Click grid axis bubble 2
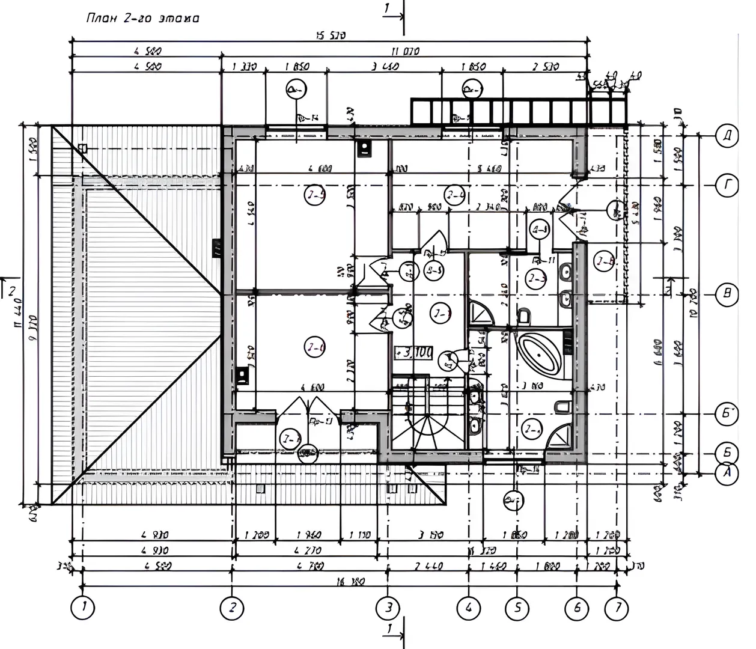[232, 608]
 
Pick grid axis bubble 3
[388, 608]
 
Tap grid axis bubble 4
[468, 608]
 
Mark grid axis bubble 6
[577, 608]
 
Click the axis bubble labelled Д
[728, 136]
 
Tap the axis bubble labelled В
[728, 294]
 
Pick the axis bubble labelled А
[728, 474]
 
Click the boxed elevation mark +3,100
[413, 353]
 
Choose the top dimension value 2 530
[544, 67]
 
